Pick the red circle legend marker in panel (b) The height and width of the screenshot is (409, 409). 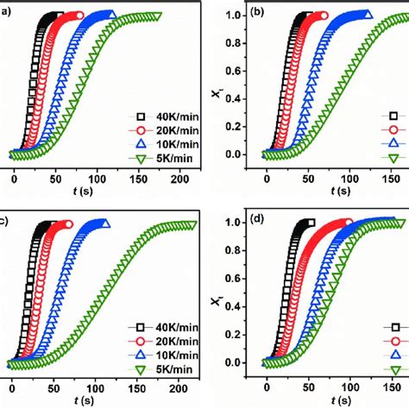pyautogui.click(x=393, y=129)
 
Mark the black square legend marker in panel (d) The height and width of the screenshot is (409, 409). pyautogui.click(x=393, y=326)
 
